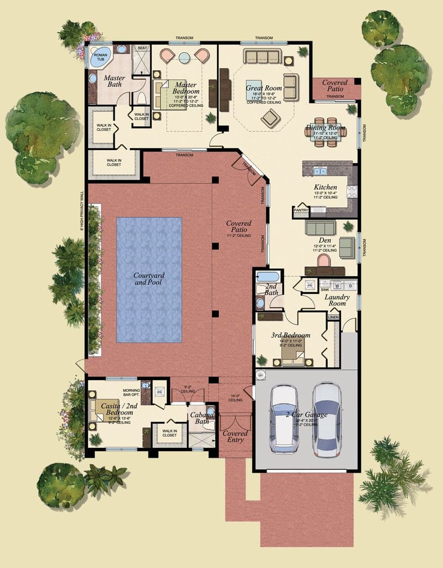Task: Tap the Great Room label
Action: click(x=264, y=88)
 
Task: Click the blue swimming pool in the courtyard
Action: click(x=149, y=279)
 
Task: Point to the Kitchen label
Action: click(x=325, y=187)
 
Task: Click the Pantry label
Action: click(x=301, y=210)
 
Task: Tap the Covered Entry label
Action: click(x=235, y=437)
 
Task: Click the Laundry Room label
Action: click(x=335, y=300)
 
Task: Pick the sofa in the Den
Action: click(x=321, y=228)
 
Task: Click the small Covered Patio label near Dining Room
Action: click(x=334, y=86)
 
